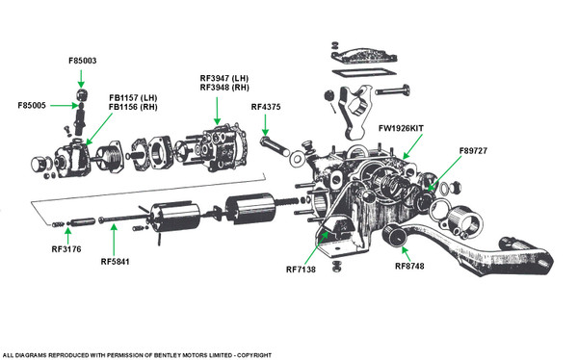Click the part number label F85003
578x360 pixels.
click(x=83, y=61)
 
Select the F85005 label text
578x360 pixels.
click(x=32, y=105)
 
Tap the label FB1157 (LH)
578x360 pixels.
click(x=133, y=98)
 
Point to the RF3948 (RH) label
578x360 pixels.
click(x=224, y=88)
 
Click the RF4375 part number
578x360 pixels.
click(x=266, y=107)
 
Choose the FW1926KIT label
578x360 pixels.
click(x=401, y=128)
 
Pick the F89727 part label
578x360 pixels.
click(x=473, y=151)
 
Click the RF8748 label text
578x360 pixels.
click(x=409, y=266)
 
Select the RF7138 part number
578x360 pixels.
click(x=301, y=270)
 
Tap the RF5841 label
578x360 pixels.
click(x=115, y=262)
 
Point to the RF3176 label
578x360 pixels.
click(x=66, y=249)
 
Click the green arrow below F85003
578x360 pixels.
click(x=81, y=79)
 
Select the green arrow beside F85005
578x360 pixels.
click(x=64, y=106)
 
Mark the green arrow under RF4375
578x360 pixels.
click(x=265, y=125)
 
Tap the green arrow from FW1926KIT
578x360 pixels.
click(x=412, y=146)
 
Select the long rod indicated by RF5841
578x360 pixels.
click(x=123, y=219)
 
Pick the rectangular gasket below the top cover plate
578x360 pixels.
click(x=364, y=72)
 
